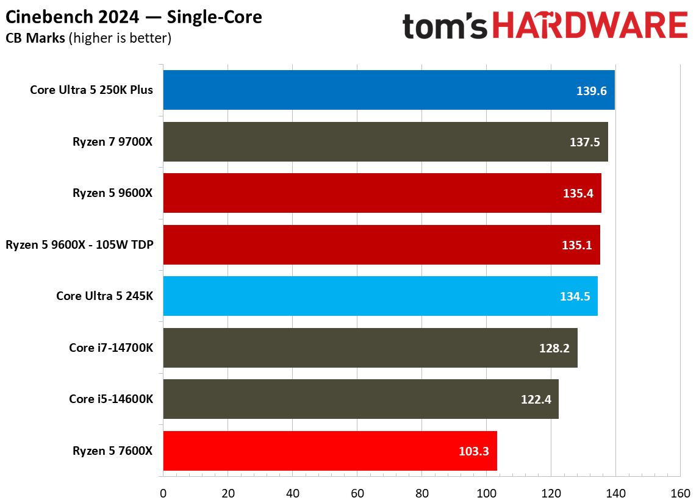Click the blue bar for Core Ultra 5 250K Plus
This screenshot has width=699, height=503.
(x=389, y=90)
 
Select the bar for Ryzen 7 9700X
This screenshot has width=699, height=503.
(x=385, y=141)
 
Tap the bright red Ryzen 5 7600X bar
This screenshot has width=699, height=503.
(x=329, y=451)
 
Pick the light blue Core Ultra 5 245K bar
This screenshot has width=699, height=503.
(x=380, y=296)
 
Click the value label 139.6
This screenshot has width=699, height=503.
(x=591, y=91)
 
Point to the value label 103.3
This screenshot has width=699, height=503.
(x=473, y=451)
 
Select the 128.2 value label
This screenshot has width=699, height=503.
(x=554, y=348)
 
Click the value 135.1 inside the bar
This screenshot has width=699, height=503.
(x=576, y=245)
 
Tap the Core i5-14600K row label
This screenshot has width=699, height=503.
(x=111, y=399)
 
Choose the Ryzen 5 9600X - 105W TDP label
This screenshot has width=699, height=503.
(x=79, y=245)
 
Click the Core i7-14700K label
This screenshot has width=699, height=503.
(x=111, y=348)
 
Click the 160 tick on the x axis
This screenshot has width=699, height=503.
(x=680, y=493)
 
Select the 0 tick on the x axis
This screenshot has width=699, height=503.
(x=163, y=493)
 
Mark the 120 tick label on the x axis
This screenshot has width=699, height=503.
(x=551, y=493)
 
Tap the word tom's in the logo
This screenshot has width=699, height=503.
(x=445, y=27)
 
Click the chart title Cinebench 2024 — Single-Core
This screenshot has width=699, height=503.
(x=134, y=17)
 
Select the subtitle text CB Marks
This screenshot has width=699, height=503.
(x=35, y=38)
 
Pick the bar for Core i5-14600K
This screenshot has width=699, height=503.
(x=360, y=399)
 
